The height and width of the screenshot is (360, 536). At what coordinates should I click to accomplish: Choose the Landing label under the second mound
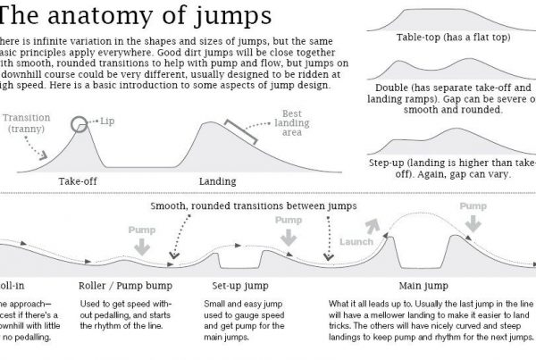point(218,180)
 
